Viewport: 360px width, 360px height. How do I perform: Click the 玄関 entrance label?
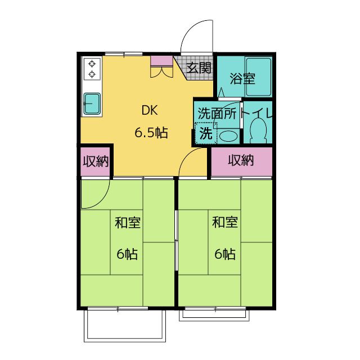(199, 68)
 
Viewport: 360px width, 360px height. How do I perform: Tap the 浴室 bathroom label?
(242, 79)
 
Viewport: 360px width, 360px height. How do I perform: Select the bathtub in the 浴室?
(259, 76)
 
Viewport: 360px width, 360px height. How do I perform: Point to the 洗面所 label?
(217, 113)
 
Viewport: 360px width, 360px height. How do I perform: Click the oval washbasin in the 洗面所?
(228, 136)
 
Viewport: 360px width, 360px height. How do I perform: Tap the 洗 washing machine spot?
(206, 133)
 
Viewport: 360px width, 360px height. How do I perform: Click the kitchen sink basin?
(92, 103)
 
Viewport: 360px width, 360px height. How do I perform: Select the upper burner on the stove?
(92, 64)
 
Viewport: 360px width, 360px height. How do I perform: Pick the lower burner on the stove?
(92, 74)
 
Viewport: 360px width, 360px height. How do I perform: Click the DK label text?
(150, 110)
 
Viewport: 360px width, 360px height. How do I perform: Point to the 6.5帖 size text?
(151, 133)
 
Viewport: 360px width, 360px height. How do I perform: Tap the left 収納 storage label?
(96, 161)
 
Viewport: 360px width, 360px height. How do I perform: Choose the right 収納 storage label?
(241, 160)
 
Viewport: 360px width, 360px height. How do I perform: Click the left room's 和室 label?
(128, 222)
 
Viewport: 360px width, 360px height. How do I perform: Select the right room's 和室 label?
(225, 222)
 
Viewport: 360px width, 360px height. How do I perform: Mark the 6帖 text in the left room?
(127, 254)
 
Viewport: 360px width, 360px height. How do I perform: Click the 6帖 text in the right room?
(225, 254)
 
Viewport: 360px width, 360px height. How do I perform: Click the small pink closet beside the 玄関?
(161, 61)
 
